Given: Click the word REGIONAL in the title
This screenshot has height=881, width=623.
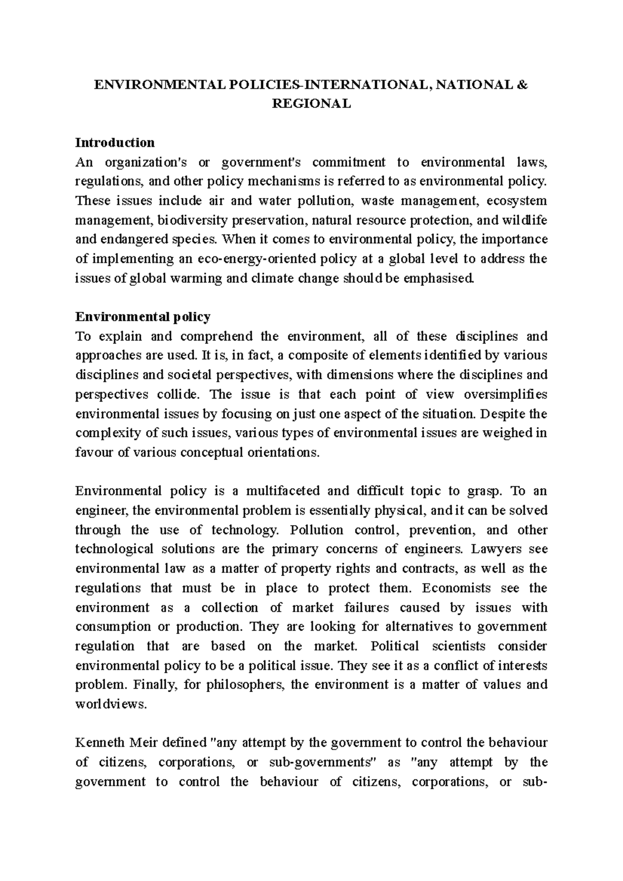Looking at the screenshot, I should [311, 103].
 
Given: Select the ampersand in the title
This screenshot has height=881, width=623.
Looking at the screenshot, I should [522, 84].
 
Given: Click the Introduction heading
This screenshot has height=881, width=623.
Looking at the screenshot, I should [115, 142].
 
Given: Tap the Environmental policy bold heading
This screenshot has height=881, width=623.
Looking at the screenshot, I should [143, 316].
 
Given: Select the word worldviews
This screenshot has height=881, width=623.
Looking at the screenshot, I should [111, 704].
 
